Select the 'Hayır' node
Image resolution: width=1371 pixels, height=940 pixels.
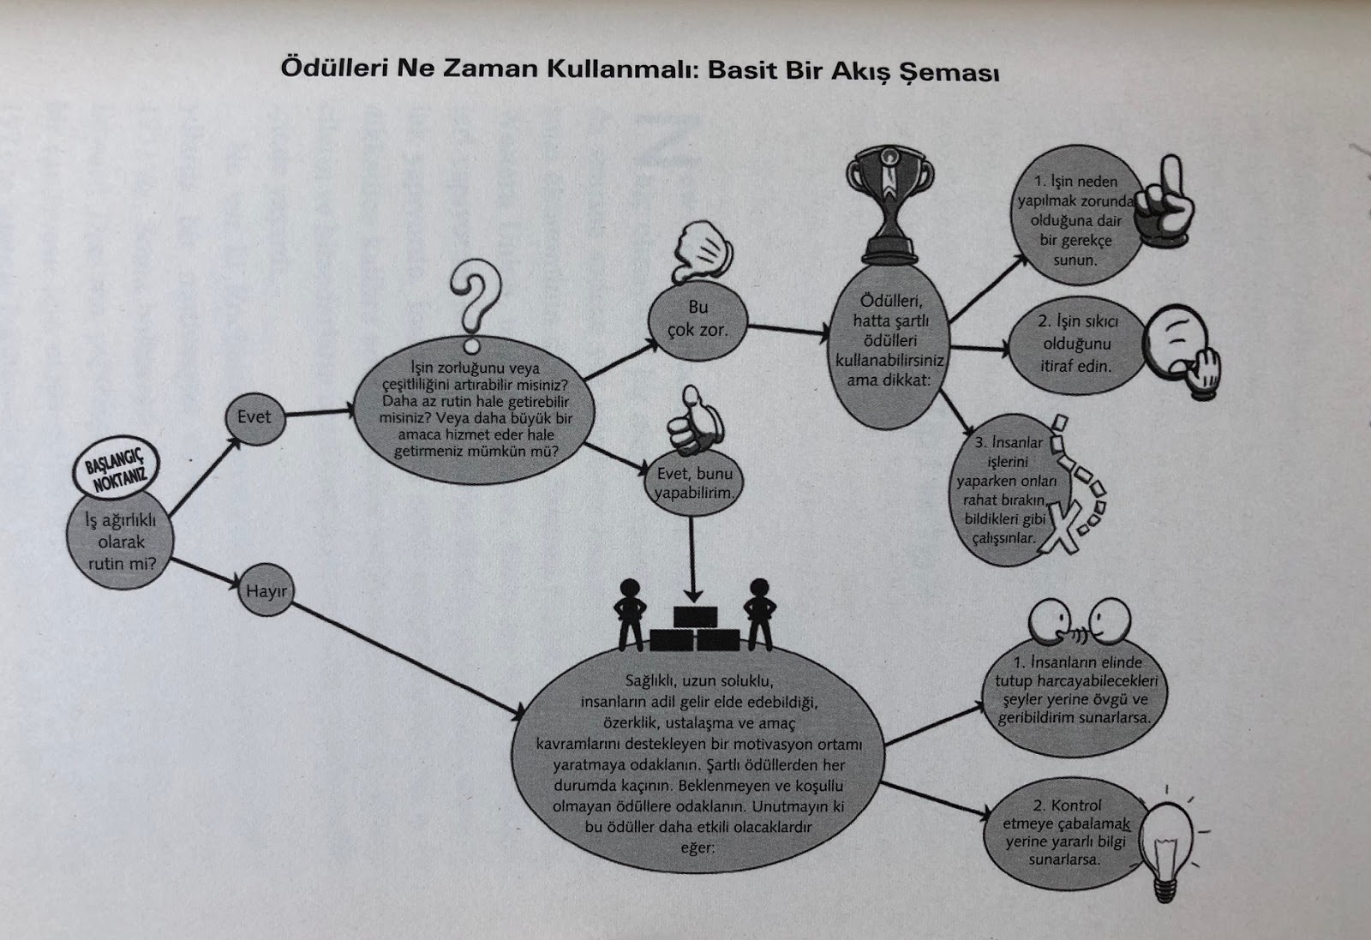tap(266, 591)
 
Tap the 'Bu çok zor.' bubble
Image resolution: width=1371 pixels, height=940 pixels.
tap(697, 318)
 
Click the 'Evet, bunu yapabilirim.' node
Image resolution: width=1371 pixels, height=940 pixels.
tap(694, 484)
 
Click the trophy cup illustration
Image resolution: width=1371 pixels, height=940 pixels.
tap(889, 206)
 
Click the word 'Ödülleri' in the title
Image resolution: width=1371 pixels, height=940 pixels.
tap(331, 69)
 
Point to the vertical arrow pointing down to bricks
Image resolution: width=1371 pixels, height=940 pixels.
tap(693, 557)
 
